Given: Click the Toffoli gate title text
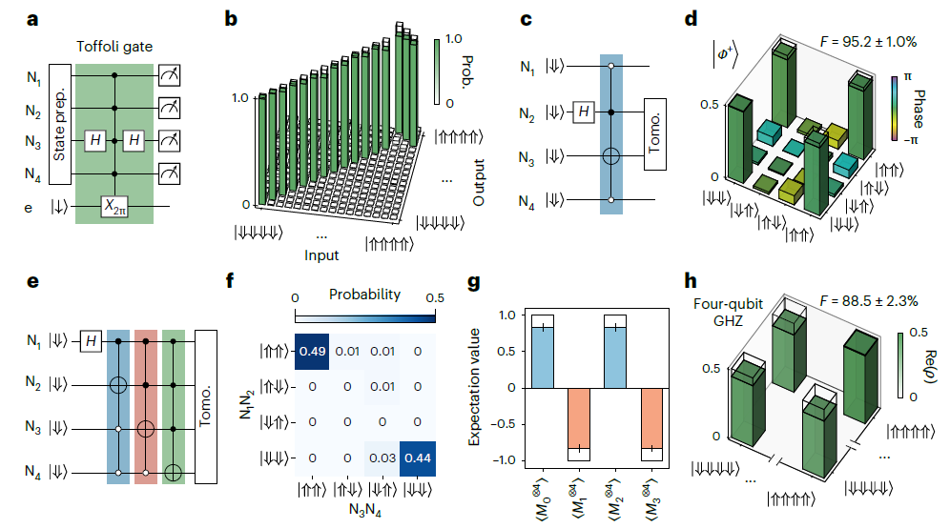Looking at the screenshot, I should pos(114,45).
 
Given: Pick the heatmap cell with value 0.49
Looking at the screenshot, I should pos(312,350).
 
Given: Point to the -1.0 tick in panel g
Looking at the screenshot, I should pos(508,460).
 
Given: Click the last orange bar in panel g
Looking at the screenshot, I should pos(651,419).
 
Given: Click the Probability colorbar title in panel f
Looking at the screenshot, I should pos(363,295).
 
